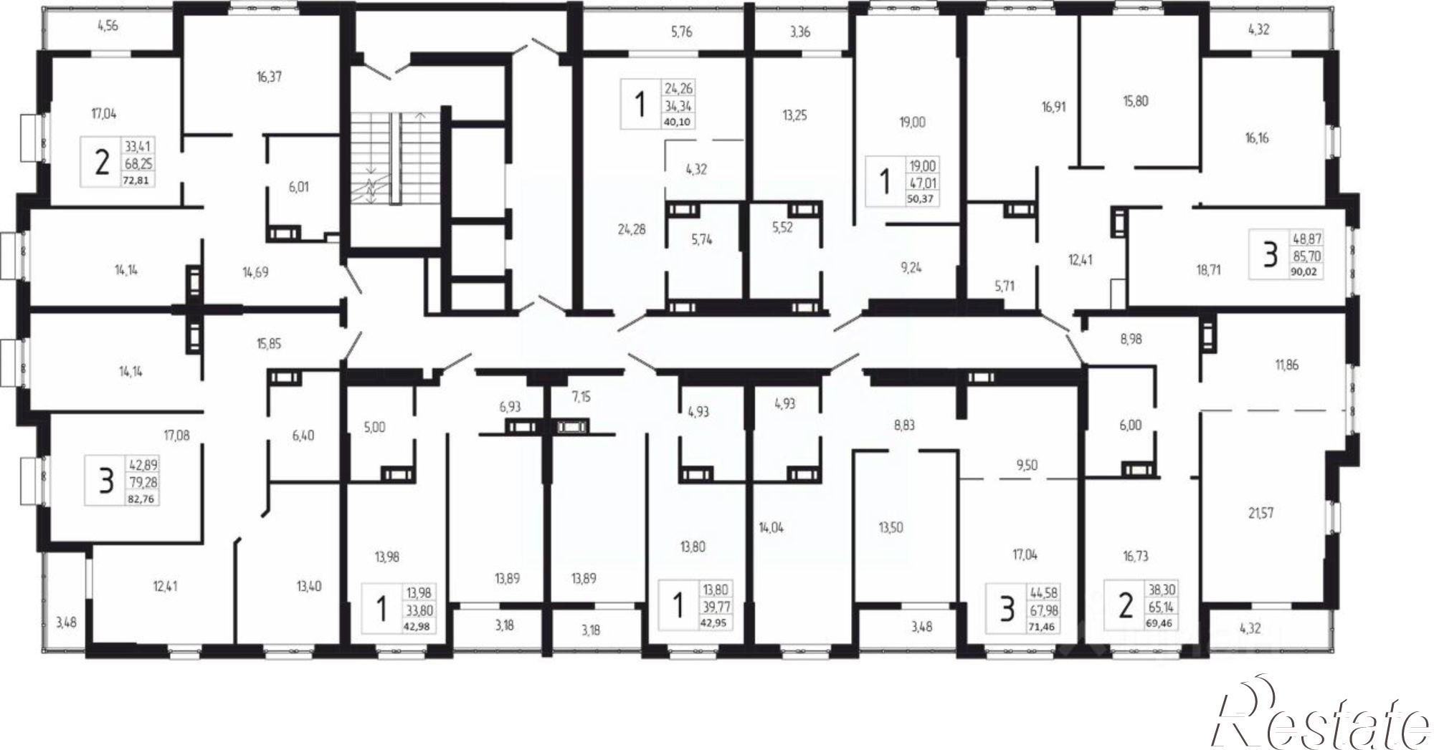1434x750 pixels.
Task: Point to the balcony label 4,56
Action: (x=108, y=26)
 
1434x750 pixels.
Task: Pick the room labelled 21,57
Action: (x=1260, y=513)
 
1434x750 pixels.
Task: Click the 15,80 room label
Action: (x=1136, y=101)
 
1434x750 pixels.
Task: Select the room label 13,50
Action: (x=891, y=527)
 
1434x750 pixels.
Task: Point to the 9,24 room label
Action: (x=911, y=267)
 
